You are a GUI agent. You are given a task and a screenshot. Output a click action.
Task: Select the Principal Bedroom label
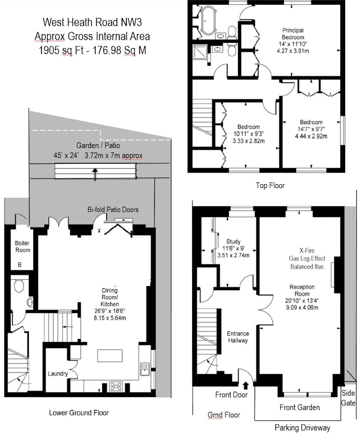tap(292, 34)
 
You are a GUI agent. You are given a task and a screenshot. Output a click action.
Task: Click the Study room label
tap(234, 241)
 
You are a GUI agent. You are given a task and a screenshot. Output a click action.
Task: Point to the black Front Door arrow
tap(246, 385)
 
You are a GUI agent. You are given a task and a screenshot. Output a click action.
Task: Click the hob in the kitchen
tap(116, 386)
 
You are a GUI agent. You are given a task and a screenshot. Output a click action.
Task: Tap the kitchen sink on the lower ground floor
tap(145, 369)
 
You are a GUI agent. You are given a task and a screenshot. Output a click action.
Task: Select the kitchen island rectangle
tap(110, 356)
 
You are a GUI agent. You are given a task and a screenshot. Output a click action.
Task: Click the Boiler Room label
tap(22, 246)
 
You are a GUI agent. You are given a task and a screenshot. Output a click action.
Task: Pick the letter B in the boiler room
tap(20, 265)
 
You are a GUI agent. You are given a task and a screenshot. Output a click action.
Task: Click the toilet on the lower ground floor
tap(19, 286)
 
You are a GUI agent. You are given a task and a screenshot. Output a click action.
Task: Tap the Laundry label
tap(58, 374)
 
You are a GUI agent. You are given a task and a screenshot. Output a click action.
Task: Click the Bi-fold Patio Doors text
tap(113, 210)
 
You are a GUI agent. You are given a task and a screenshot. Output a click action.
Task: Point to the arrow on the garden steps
tap(95, 174)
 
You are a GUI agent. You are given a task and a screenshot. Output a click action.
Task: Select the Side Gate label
tap(348, 397)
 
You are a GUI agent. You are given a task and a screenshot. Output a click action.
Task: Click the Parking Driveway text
tap(302, 428)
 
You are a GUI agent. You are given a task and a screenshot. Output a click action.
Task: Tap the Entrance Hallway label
tap(238, 337)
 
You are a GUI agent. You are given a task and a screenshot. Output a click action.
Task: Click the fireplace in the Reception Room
tap(335, 274)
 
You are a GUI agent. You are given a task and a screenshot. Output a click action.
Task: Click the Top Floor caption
tap(270, 185)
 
